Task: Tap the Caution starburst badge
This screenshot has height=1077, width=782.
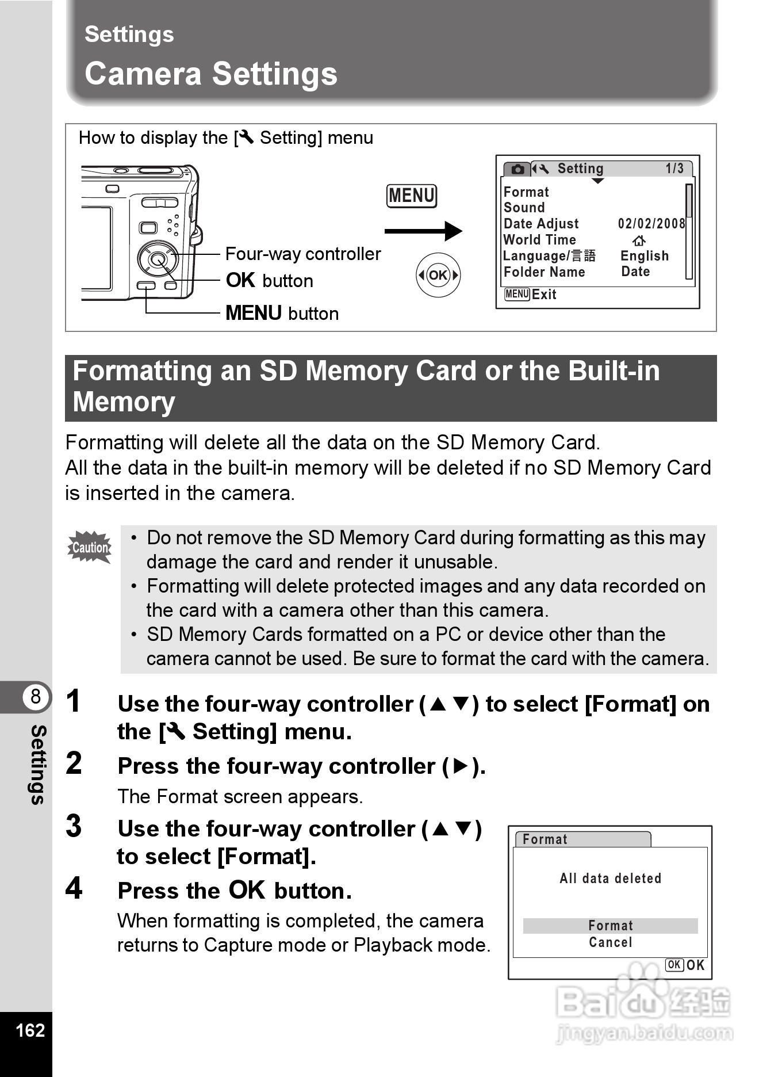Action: tap(90, 547)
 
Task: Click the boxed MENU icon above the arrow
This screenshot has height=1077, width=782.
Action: tap(412, 196)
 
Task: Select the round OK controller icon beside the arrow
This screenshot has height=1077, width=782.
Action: tap(438, 275)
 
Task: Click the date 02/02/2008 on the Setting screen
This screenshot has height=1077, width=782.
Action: tap(651, 224)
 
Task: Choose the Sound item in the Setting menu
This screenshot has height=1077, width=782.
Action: tap(524, 208)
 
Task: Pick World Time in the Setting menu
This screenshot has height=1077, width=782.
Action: tap(539, 240)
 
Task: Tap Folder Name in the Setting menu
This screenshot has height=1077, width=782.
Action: tap(544, 272)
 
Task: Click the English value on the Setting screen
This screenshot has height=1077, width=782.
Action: tap(645, 256)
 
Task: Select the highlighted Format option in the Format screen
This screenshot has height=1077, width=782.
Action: tap(610, 926)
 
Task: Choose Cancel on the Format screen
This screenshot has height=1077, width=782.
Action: tap(610, 942)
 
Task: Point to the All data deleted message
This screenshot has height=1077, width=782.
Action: tap(610, 879)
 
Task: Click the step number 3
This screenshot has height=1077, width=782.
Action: tap(74, 827)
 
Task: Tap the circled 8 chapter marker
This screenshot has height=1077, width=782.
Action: tap(35, 697)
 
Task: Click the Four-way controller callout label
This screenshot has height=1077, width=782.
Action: tap(302, 254)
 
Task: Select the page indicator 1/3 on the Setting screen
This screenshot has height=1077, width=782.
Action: tap(674, 169)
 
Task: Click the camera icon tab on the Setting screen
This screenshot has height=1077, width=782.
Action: tap(517, 169)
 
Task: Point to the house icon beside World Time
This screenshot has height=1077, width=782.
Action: tap(639, 240)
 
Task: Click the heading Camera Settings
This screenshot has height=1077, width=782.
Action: tap(211, 74)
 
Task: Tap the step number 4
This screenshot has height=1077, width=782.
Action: tap(74, 888)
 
